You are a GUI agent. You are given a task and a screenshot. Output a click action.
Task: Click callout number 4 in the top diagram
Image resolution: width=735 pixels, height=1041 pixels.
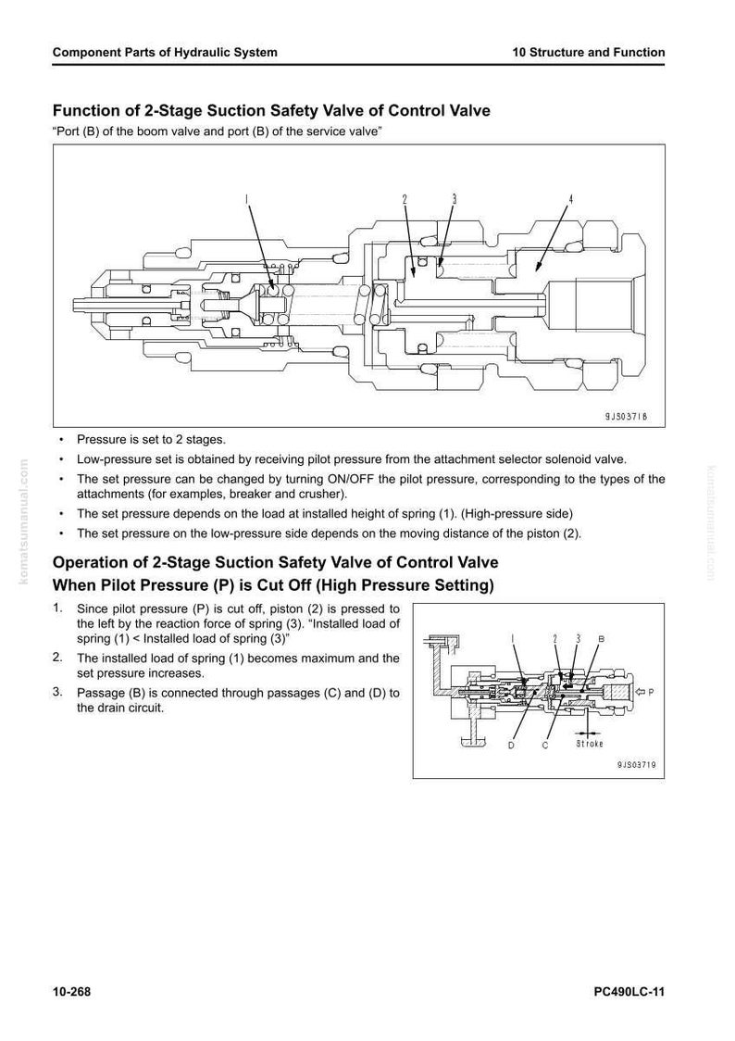(x=571, y=199)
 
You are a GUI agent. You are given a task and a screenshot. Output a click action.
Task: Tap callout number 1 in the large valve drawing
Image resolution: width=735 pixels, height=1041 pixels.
(x=246, y=199)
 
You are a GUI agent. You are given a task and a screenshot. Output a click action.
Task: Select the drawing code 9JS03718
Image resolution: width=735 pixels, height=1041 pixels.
(x=626, y=416)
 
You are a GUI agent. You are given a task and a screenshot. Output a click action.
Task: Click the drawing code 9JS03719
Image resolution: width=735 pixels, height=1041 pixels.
(x=636, y=765)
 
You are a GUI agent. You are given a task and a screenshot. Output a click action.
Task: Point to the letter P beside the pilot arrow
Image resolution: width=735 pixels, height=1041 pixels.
(x=651, y=692)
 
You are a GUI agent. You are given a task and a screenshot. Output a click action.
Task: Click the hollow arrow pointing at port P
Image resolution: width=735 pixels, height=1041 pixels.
(x=640, y=692)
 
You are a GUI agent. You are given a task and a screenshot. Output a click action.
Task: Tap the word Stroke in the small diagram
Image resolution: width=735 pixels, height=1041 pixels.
(x=589, y=744)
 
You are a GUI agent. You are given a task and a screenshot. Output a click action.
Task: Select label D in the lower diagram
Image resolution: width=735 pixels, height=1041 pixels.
(x=512, y=745)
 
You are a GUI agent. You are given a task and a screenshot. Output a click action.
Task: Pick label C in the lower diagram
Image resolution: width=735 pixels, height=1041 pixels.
(x=545, y=745)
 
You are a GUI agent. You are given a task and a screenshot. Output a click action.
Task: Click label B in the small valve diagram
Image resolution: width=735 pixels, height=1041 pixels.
(x=601, y=639)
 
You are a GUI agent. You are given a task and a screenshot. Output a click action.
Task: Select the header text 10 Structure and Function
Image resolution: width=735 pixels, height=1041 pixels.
(x=589, y=53)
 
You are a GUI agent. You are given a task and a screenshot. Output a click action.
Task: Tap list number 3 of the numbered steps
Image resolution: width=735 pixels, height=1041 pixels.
(x=57, y=692)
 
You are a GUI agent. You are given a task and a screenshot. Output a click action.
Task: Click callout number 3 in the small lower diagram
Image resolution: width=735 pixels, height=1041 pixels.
(x=578, y=639)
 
